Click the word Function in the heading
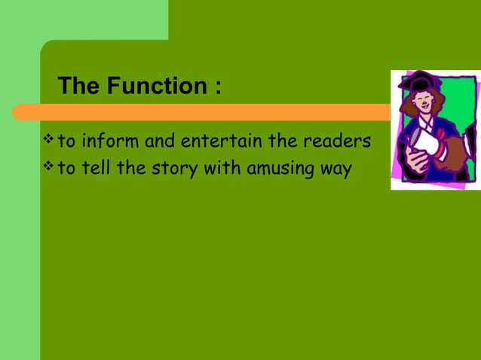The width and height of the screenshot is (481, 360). [x=155, y=86]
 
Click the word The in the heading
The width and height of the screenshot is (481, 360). [x=80, y=86]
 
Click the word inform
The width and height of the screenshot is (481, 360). [x=109, y=141]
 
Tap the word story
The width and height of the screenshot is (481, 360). [x=174, y=169]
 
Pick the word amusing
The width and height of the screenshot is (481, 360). [x=277, y=169]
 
